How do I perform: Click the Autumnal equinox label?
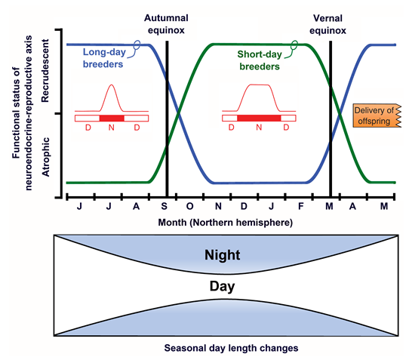pos(166,24)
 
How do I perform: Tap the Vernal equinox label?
pos(328,24)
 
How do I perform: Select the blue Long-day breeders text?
pos(104,58)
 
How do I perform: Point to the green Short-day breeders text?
pos(260,60)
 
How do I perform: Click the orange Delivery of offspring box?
pos(377,115)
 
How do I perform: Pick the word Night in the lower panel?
pos(223,255)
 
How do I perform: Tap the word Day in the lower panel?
pos(223,287)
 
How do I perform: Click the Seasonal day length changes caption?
pos(231,348)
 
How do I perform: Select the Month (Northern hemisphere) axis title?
pos(226,223)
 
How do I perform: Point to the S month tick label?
pos(164,206)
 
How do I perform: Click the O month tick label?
pos(189,206)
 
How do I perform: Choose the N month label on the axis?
pos(218,206)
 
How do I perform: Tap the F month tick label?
pos(301,206)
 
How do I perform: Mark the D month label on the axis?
pos(244,206)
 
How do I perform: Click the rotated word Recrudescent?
pos(45,70)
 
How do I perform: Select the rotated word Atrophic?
pos(45,157)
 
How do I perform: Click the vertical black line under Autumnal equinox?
pos(167,118)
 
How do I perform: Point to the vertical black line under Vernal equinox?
pos(331,118)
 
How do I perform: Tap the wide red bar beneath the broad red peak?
pos(259,118)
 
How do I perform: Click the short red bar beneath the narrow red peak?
pos(112,118)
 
